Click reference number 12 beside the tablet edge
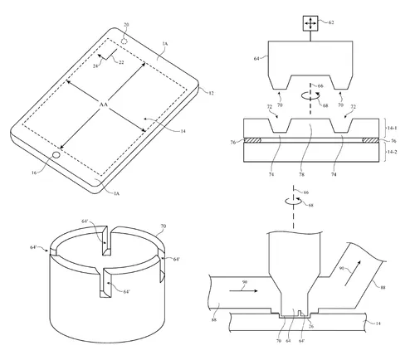coord(210,92)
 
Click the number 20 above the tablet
coord(126,25)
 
